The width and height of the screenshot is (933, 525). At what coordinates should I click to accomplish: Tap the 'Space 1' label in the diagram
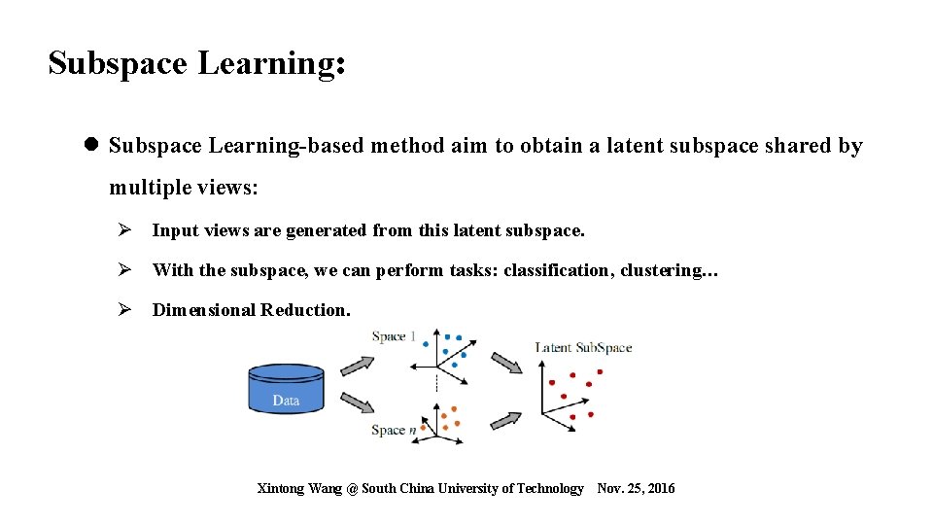[x=394, y=336]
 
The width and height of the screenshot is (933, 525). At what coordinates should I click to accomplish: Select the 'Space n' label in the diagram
[x=394, y=430]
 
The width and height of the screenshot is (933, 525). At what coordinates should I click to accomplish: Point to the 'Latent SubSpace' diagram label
[x=583, y=347]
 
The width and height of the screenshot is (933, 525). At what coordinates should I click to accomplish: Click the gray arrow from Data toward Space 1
[x=356, y=366]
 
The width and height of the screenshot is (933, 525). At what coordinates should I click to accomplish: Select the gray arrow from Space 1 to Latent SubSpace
[x=505, y=363]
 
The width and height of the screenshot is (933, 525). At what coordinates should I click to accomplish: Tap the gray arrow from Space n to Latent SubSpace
[x=505, y=419]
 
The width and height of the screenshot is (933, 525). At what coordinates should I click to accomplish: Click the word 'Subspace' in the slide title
[x=118, y=63]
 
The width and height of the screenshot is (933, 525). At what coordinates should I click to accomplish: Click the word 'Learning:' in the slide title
[x=271, y=63]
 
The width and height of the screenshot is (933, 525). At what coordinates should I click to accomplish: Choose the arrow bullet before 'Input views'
[x=124, y=230]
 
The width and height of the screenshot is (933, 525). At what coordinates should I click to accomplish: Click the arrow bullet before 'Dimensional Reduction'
[x=124, y=310]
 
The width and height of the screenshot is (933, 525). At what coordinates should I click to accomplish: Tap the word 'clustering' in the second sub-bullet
[x=660, y=270]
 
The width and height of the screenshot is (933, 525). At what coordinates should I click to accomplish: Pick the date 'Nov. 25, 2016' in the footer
[x=636, y=488]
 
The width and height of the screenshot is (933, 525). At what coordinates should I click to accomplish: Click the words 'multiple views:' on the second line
[x=184, y=187]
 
